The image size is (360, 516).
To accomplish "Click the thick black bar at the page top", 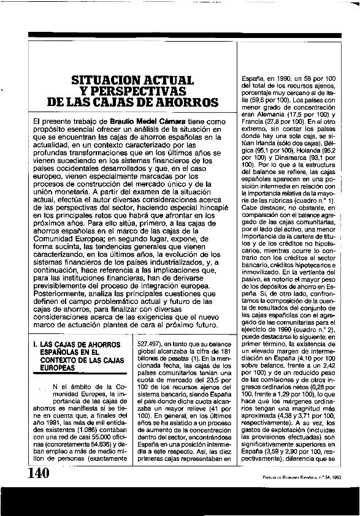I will pyautogui.click(x=183, y=35).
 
